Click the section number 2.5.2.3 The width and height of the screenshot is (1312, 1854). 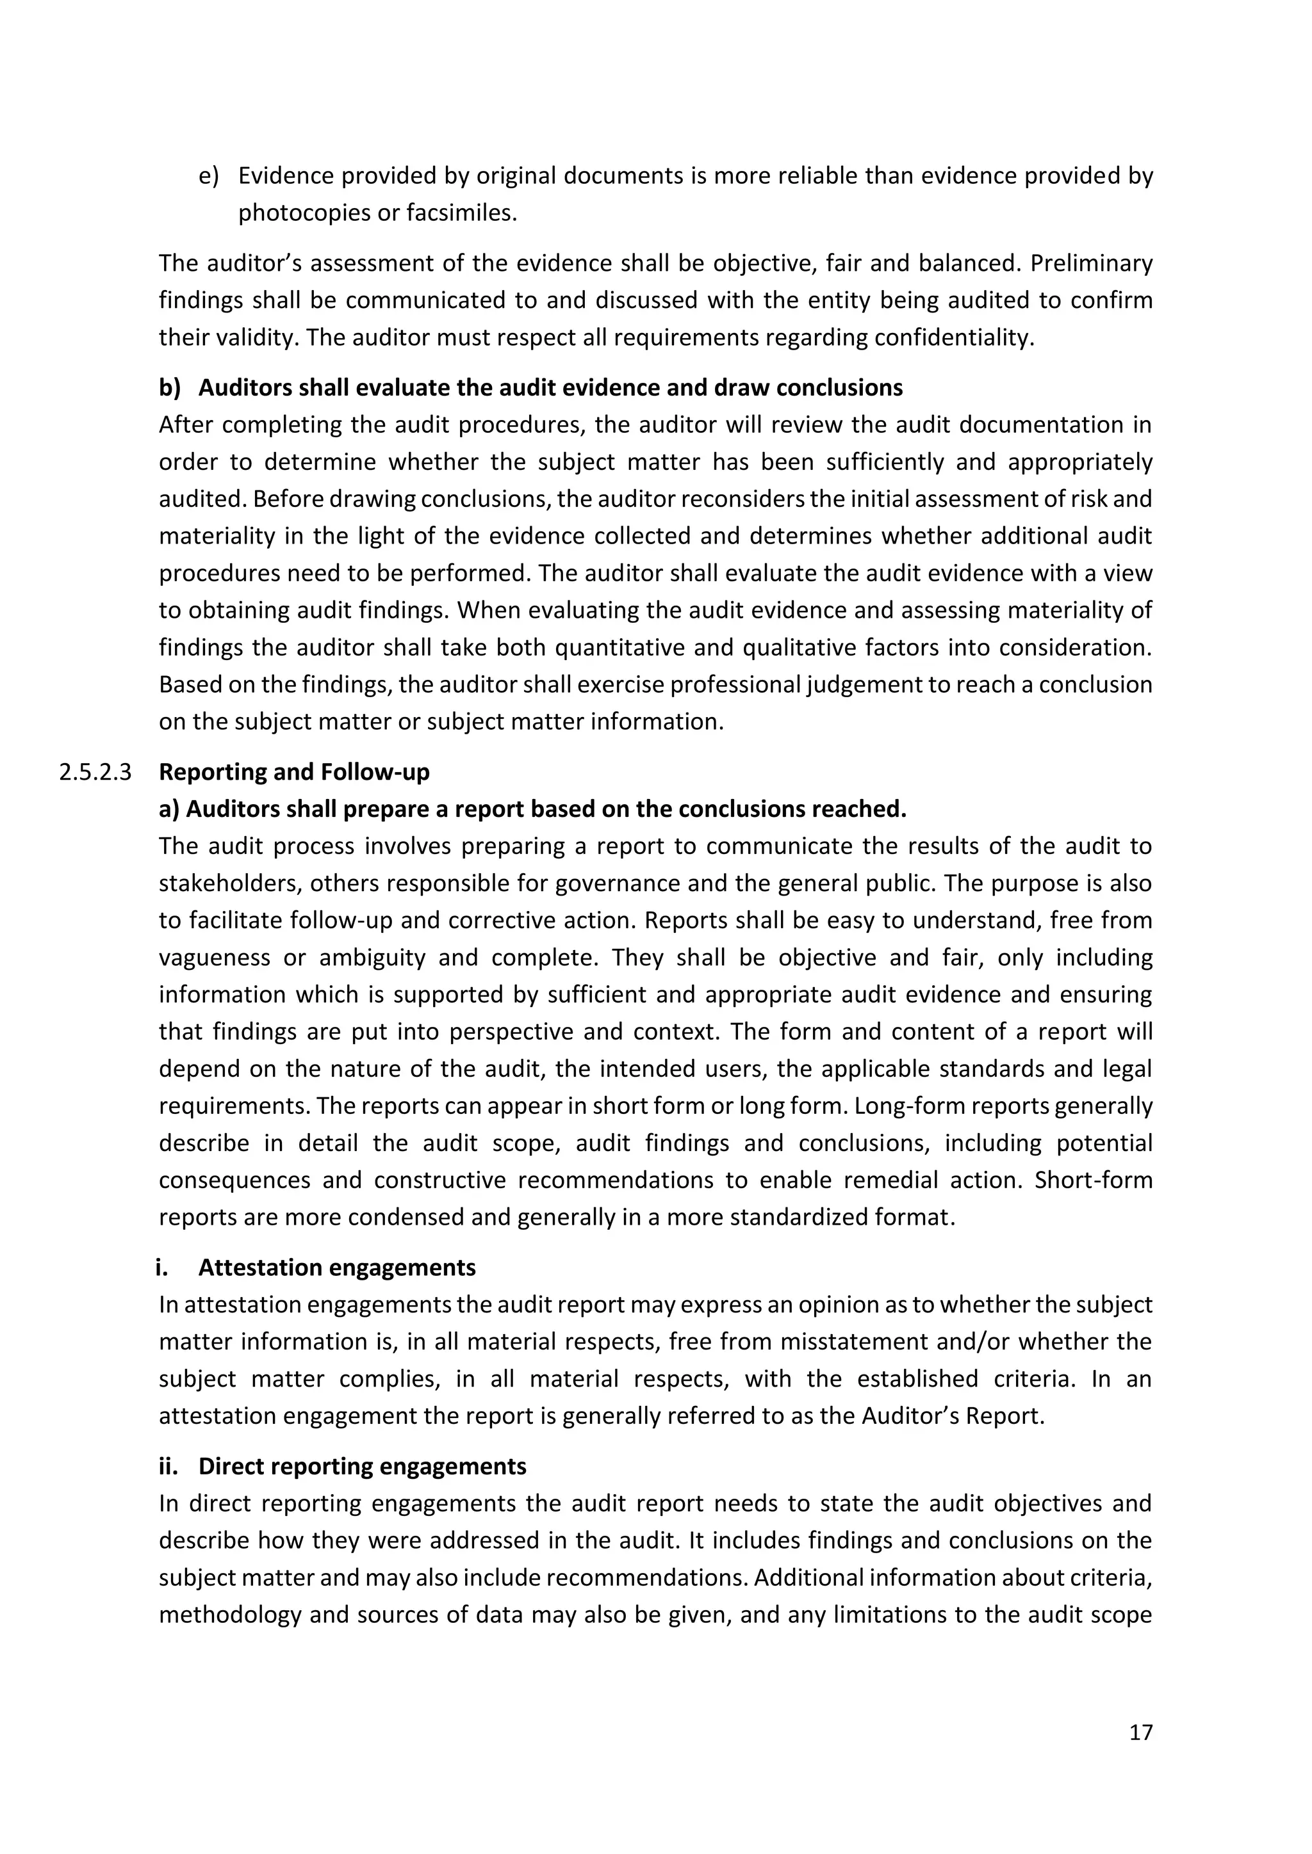click(x=95, y=772)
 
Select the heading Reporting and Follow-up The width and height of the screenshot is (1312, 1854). click(x=294, y=772)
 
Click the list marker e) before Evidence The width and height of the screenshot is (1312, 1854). click(x=208, y=176)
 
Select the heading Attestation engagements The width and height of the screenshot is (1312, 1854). click(x=337, y=1267)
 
